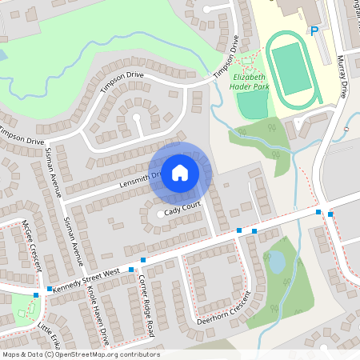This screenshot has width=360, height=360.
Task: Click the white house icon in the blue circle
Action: pyautogui.click(x=180, y=172)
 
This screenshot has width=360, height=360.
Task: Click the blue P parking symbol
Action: pyautogui.click(x=314, y=31)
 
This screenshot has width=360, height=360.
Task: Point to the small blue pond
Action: pyautogui.click(x=276, y=262)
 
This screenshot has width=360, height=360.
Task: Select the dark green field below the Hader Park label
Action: pyautogui.click(x=251, y=106)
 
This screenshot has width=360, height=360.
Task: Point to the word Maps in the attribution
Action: pyautogui.click(x=10, y=354)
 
